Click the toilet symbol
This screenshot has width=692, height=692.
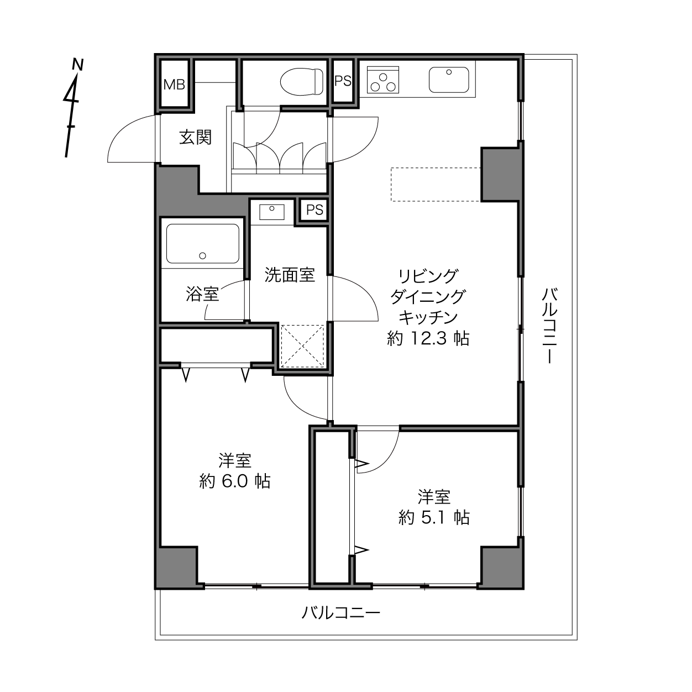click(302, 82)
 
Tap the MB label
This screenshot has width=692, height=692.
click(174, 85)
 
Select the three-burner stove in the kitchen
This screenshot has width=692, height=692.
click(383, 80)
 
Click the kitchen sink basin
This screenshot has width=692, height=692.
click(449, 80)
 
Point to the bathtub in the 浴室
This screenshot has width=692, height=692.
click(203, 244)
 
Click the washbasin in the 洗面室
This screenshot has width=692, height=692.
click(272, 212)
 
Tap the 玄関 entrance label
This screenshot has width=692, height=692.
click(195, 137)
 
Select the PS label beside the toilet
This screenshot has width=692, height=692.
click(343, 81)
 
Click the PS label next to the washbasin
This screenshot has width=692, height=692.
click(314, 209)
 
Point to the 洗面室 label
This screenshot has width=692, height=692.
click(290, 275)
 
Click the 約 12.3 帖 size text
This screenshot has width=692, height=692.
click(428, 338)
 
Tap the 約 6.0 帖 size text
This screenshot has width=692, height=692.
click(235, 481)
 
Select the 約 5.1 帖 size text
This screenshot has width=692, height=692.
click(434, 517)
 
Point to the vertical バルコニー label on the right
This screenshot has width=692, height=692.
click(549, 326)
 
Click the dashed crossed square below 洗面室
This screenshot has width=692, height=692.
click(303, 346)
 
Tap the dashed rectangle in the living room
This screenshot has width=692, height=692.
click(436, 184)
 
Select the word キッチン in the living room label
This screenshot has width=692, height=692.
click(428, 317)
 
